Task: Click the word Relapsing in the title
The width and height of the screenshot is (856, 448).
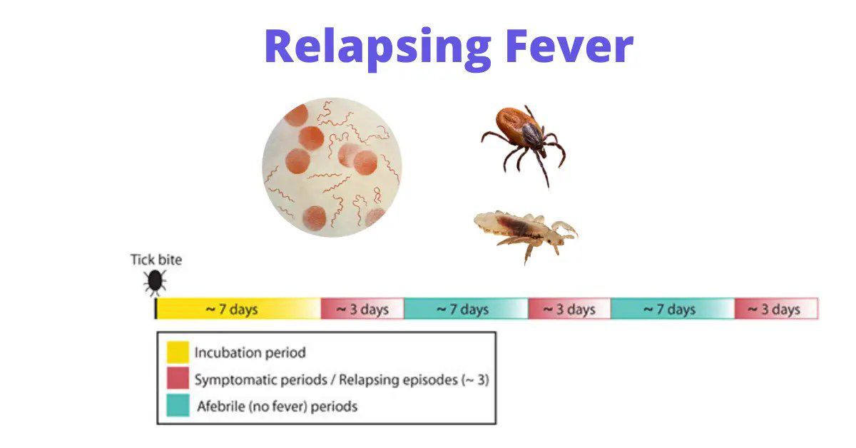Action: tap(378, 49)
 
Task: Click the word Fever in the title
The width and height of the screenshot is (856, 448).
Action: tap(570, 46)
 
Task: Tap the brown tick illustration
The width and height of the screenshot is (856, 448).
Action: tap(524, 143)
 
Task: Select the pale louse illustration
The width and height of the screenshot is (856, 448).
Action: tap(526, 234)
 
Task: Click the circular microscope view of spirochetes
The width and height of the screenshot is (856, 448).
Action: tap(332, 168)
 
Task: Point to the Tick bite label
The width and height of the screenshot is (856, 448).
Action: tap(156, 260)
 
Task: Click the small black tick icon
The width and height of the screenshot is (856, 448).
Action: tap(155, 282)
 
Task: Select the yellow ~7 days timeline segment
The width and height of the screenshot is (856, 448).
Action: tap(239, 309)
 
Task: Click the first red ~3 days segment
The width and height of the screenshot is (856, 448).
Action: tap(362, 309)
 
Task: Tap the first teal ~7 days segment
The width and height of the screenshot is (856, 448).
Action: tap(467, 309)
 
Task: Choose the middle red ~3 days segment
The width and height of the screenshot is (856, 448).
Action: tap(570, 309)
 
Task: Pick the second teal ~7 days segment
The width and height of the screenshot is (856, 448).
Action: tap(673, 309)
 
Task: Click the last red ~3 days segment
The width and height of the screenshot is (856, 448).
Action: tap(777, 309)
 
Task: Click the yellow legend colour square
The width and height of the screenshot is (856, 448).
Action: tap(178, 352)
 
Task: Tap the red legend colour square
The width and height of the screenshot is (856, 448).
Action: tap(178, 378)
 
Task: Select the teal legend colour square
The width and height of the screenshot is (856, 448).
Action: tap(178, 405)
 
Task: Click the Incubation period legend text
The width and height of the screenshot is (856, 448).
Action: tap(250, 352)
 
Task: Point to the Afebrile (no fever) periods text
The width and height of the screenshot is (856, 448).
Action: tap(277, 407)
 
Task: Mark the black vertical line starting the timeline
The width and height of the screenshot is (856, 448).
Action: tap(156, 308)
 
